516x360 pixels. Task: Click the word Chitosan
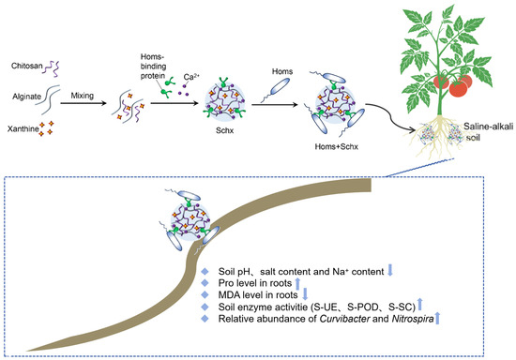pos(27,66)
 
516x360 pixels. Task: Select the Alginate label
pos(27,97)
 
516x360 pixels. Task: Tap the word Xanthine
pos(23,128)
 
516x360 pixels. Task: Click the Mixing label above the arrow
pos(83,96)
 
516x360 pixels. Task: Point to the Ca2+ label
pos(191,77)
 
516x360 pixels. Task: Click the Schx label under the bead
pos(225,130)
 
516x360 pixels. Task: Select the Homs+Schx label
pos(336,146)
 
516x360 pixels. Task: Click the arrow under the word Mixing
pos(83,103)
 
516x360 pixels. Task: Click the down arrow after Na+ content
pos(390,270)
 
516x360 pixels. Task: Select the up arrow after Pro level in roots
pos(297,284)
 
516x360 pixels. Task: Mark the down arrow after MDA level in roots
pos(305,293)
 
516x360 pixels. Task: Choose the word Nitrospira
pos(413,319)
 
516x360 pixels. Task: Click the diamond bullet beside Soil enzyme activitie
pos(205,307)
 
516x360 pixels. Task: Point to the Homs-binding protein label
pos(153,66)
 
